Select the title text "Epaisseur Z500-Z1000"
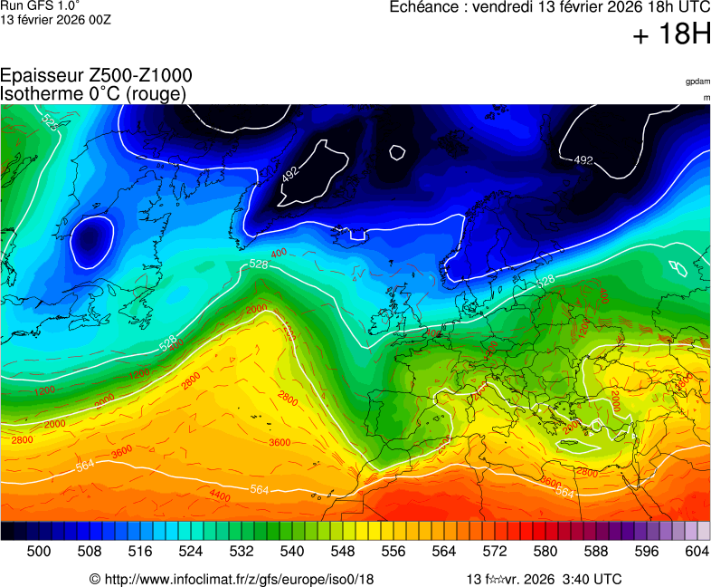96,76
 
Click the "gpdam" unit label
697,82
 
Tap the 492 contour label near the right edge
583,160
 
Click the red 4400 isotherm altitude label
220,495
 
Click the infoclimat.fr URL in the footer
239,579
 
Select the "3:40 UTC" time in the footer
592,579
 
